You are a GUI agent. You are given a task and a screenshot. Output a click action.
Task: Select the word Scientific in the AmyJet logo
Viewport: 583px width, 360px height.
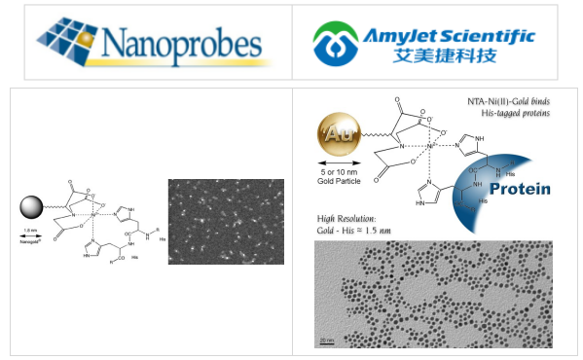pos(491,35)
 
